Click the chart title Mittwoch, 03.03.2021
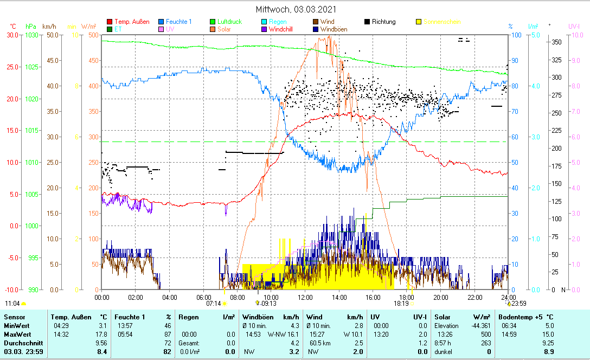(296, 9)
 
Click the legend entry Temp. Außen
(131, 22)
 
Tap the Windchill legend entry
(281, 29)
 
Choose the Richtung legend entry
(384, 22)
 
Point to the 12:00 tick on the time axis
(305, 297)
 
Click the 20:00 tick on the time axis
(440, 297)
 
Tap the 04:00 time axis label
(169, 297)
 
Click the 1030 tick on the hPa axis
(30, 35)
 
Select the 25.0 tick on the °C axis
(10, 67)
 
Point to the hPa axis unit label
(30, 26)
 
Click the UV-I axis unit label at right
(574, 26)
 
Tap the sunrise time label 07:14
(213, 304)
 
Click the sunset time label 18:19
(401, 304)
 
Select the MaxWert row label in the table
(17, 335)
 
